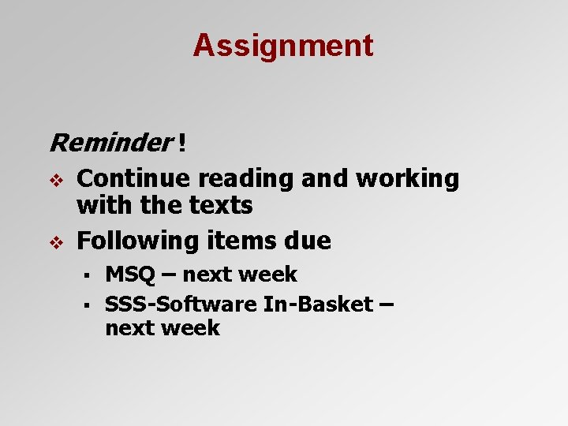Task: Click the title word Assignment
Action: (x=283, y=46)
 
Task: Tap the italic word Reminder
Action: (x=110, y=143)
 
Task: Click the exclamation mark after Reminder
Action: (x=182, y=143)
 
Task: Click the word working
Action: (x=406, y=179)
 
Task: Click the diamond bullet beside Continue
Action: (x=54, y=180)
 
